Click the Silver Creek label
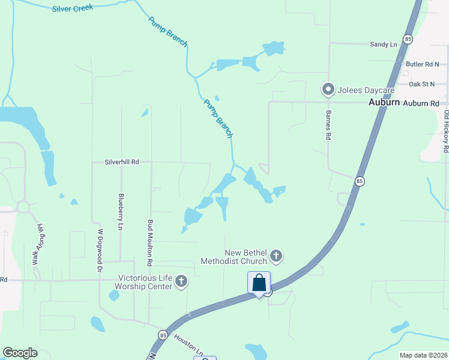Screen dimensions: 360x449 [x=73, y=8]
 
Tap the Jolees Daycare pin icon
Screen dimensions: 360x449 [x=328, y=90]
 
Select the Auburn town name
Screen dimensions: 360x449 [x=384, y=103]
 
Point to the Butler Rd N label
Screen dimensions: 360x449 [x=423, y=64]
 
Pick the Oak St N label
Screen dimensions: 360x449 [x=421, y=84]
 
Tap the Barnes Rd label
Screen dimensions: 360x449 [x=328, y=125]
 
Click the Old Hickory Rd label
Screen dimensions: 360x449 [x=446, y=131]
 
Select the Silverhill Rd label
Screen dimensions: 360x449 [x=122, y=162]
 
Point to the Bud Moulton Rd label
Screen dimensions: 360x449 [x=150, y=242]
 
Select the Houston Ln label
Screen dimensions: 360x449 [x=188, y=344]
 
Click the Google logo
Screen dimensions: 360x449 [x=20, y=353]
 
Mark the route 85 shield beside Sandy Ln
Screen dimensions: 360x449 [x=408, y=39]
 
